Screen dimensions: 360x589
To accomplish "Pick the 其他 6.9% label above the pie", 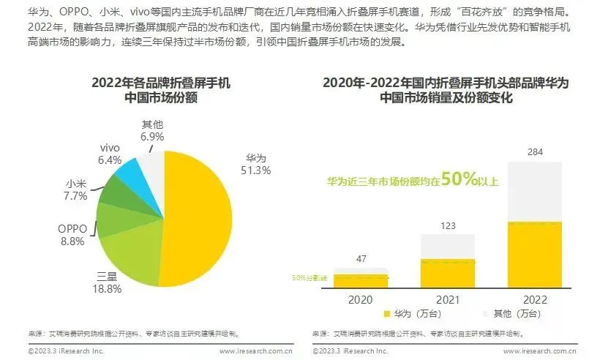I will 151,131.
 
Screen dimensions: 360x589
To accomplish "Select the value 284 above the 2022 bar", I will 535,152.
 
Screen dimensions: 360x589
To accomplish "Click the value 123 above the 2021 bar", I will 448,225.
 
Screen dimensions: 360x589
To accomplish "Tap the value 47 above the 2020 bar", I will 361,259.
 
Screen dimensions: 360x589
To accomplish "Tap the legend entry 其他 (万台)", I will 514,314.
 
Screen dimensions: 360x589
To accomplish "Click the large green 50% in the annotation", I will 455,178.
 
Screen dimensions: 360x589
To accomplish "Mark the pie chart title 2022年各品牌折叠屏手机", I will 161,83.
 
